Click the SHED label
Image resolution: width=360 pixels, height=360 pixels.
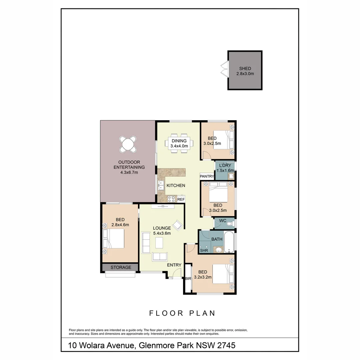click(x=245, y=69)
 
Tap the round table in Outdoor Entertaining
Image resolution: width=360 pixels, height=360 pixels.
click(x=128, y=144)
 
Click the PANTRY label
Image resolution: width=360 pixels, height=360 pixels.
click(x=207, y=176)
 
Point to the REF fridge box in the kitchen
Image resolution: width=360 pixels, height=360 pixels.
click(x=181, y=199)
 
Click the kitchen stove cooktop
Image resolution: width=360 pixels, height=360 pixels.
click(x=171, y=199)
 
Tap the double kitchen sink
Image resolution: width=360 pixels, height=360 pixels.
click(x=161, y=185)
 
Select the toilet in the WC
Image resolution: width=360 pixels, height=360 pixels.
click(x=230, y=224)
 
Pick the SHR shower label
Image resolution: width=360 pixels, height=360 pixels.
click(x=204, y=250)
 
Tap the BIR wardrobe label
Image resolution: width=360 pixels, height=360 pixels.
click(x=188, y=279)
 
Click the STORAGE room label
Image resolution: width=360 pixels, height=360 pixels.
click(x=120, y=267)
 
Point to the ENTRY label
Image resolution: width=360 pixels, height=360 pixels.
click(x=174, y=265)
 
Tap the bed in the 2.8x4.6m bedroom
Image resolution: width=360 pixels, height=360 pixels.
click(x=114, y=239)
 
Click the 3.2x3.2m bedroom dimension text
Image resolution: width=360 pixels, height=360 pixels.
click(x=203, y=277)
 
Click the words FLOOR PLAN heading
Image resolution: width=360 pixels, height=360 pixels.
click(x=182, y=313)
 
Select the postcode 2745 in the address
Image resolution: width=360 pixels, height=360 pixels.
click(x=226, y=345)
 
